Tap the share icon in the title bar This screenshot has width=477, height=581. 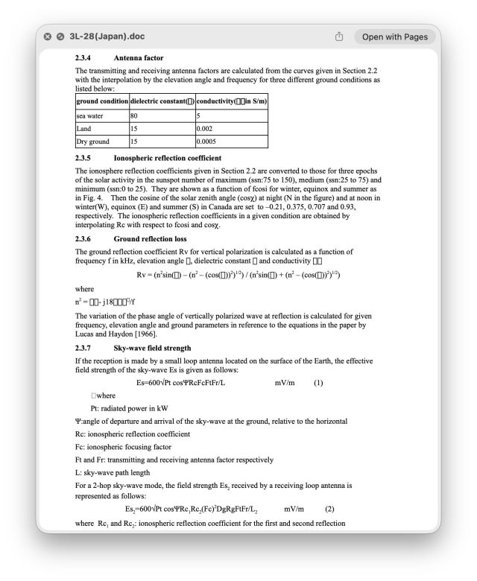coord(339,36)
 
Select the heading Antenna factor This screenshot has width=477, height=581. coord(139,58)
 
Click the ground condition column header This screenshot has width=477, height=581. coord(102,101)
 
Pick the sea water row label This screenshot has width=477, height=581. coord(90,115)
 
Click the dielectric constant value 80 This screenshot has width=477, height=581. coord(135,115)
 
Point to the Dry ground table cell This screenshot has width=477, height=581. coord(93,141)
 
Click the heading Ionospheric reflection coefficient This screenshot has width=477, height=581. coord(168,158)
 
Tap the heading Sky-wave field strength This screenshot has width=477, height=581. coord(152,348)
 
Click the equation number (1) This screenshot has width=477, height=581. coord(318,383)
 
